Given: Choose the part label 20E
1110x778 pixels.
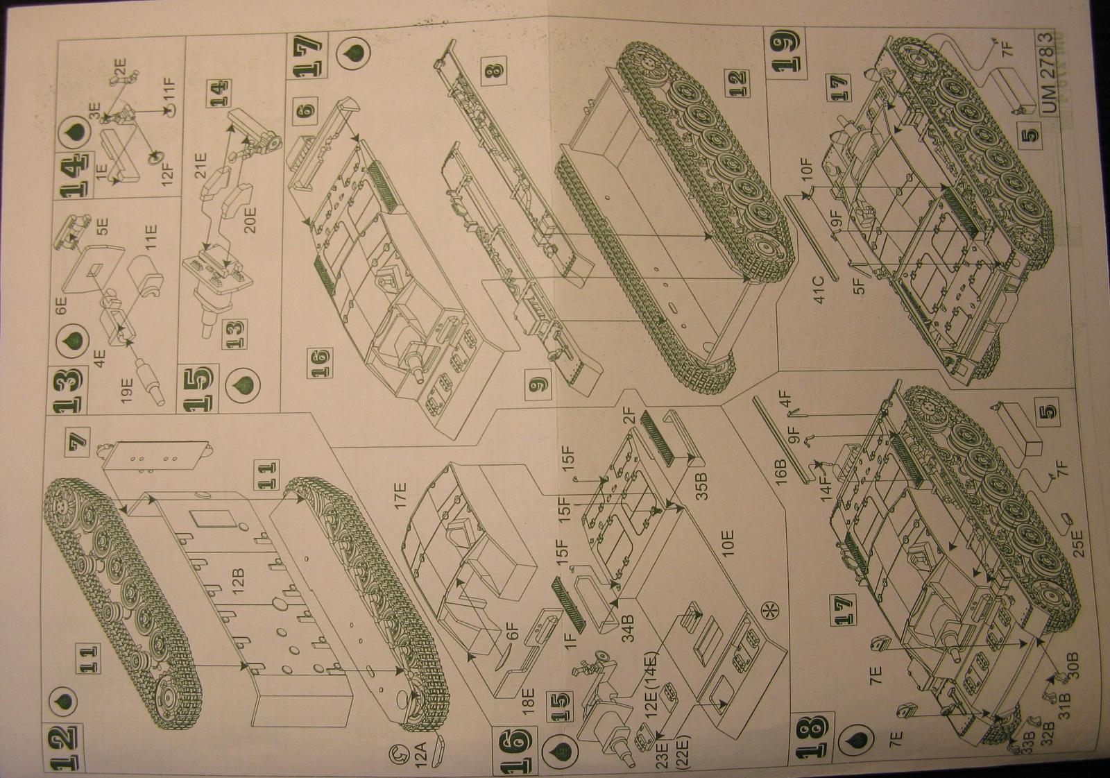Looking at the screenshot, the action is [x=250, y=215].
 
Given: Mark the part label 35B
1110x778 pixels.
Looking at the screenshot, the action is [x=701, y=484].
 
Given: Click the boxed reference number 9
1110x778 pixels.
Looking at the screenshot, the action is [x=538, y=380].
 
